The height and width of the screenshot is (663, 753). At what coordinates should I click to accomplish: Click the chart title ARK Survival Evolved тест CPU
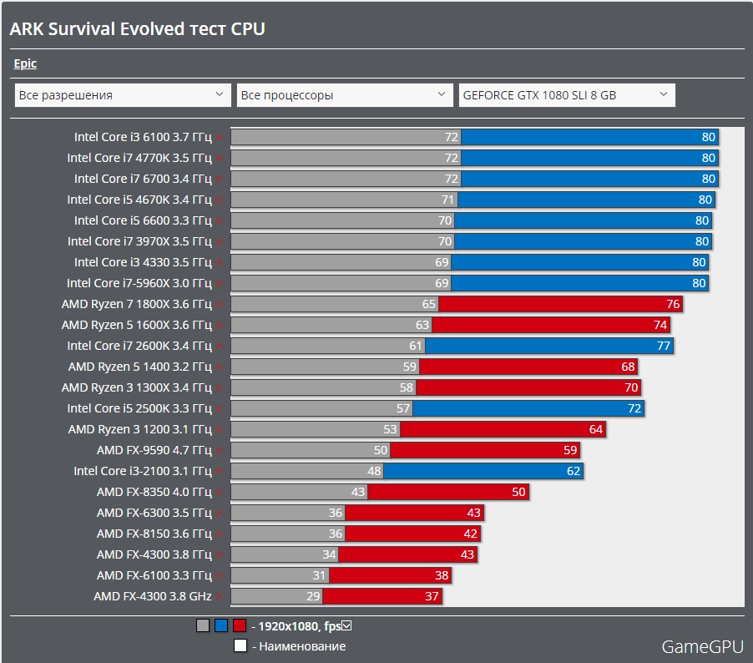(x=137, y=29)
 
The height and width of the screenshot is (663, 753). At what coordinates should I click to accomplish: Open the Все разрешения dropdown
(x=123, y=95)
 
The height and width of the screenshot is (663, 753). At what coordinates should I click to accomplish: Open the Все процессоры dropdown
(x=345, y=95)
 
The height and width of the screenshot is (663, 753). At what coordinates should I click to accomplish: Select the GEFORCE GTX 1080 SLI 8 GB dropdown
(x=567, y=95)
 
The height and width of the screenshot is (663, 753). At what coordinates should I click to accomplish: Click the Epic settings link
(x=25, y=63)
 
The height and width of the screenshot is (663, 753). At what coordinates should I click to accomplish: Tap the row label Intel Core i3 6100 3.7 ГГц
(x=143, y=137)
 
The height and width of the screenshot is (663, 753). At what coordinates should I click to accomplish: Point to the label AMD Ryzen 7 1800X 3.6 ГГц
(x=136, y=304)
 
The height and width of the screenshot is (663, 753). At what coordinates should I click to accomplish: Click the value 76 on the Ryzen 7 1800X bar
(x=673, y=304)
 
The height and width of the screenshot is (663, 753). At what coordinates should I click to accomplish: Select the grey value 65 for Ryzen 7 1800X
(x=429, y=304)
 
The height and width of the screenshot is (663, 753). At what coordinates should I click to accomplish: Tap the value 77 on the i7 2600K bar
(x=664, y=346)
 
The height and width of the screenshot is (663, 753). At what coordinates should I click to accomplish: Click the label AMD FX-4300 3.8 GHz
(x=153, y=596)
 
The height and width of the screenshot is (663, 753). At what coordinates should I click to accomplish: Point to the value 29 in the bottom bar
(x=313, y=596)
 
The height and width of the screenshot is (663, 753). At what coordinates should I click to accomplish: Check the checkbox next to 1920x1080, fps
(x=348, y=625)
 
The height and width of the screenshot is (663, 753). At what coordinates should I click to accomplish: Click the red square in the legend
(x=240, y=625)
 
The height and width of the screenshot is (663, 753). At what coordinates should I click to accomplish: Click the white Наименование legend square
(x=240, y=645)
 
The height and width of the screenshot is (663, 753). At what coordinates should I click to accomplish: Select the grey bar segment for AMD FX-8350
(x=292, y=492)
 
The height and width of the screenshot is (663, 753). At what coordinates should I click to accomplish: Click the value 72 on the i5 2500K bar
(x=634, y=408)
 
